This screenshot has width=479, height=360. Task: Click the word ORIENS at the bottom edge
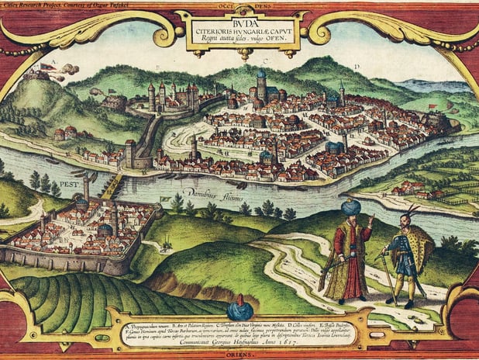(239, 353)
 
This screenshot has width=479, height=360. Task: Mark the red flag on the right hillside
(432, 106)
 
